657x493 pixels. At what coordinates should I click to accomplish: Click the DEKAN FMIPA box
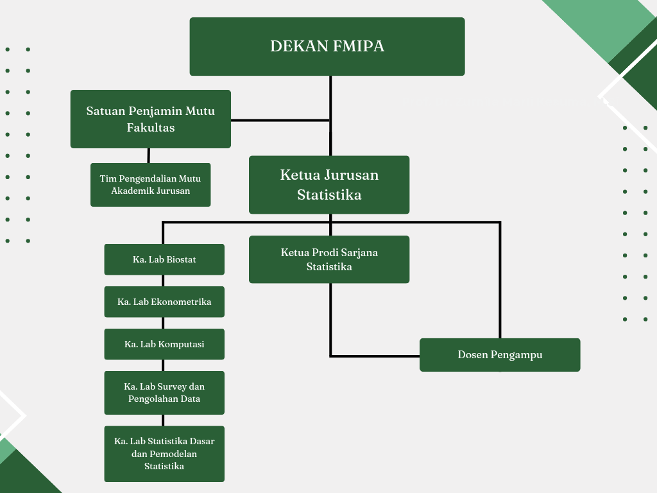coord(327,46)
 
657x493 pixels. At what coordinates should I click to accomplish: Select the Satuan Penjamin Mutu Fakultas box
coord(150,119)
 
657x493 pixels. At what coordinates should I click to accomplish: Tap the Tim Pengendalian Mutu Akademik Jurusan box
coord(150,185)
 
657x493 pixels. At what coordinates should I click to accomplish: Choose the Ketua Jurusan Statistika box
coord(329,185)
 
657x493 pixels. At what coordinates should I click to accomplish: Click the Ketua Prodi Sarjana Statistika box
coord(329,259)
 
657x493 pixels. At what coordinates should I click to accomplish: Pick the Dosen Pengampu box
coord(500,354)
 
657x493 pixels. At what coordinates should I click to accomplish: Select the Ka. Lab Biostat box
coord(164,259)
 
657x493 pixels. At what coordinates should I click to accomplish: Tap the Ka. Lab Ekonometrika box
coord(164,302)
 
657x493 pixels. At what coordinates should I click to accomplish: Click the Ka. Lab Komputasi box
coord(164,344)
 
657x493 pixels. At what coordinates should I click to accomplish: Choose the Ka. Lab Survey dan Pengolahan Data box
coord(164,393)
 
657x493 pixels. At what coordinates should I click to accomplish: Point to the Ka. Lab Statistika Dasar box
coord(164,454)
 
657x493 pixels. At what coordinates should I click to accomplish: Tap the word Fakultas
coord(151,128)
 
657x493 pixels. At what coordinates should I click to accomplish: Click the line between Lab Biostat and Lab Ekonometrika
coord(163,281)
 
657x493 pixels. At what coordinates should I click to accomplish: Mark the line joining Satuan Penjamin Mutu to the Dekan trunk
coord(280,120)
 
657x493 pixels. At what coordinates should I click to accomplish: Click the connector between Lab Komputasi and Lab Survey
coord(163,365)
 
